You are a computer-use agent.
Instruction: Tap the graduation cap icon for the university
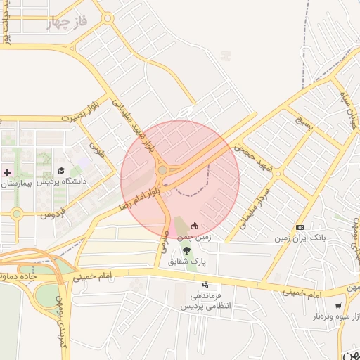(x=61, y=171)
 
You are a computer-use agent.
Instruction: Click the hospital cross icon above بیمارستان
(x=8, y=172)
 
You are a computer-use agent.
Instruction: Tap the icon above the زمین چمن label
(x=194, y=226)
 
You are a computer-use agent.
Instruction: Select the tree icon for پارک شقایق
(x=186, y=250)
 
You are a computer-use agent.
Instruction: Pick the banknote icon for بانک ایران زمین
(x=300, y=227)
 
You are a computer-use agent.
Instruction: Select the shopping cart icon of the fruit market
(x=338, y=306)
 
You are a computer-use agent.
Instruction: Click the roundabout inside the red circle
(x=162, y=170)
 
